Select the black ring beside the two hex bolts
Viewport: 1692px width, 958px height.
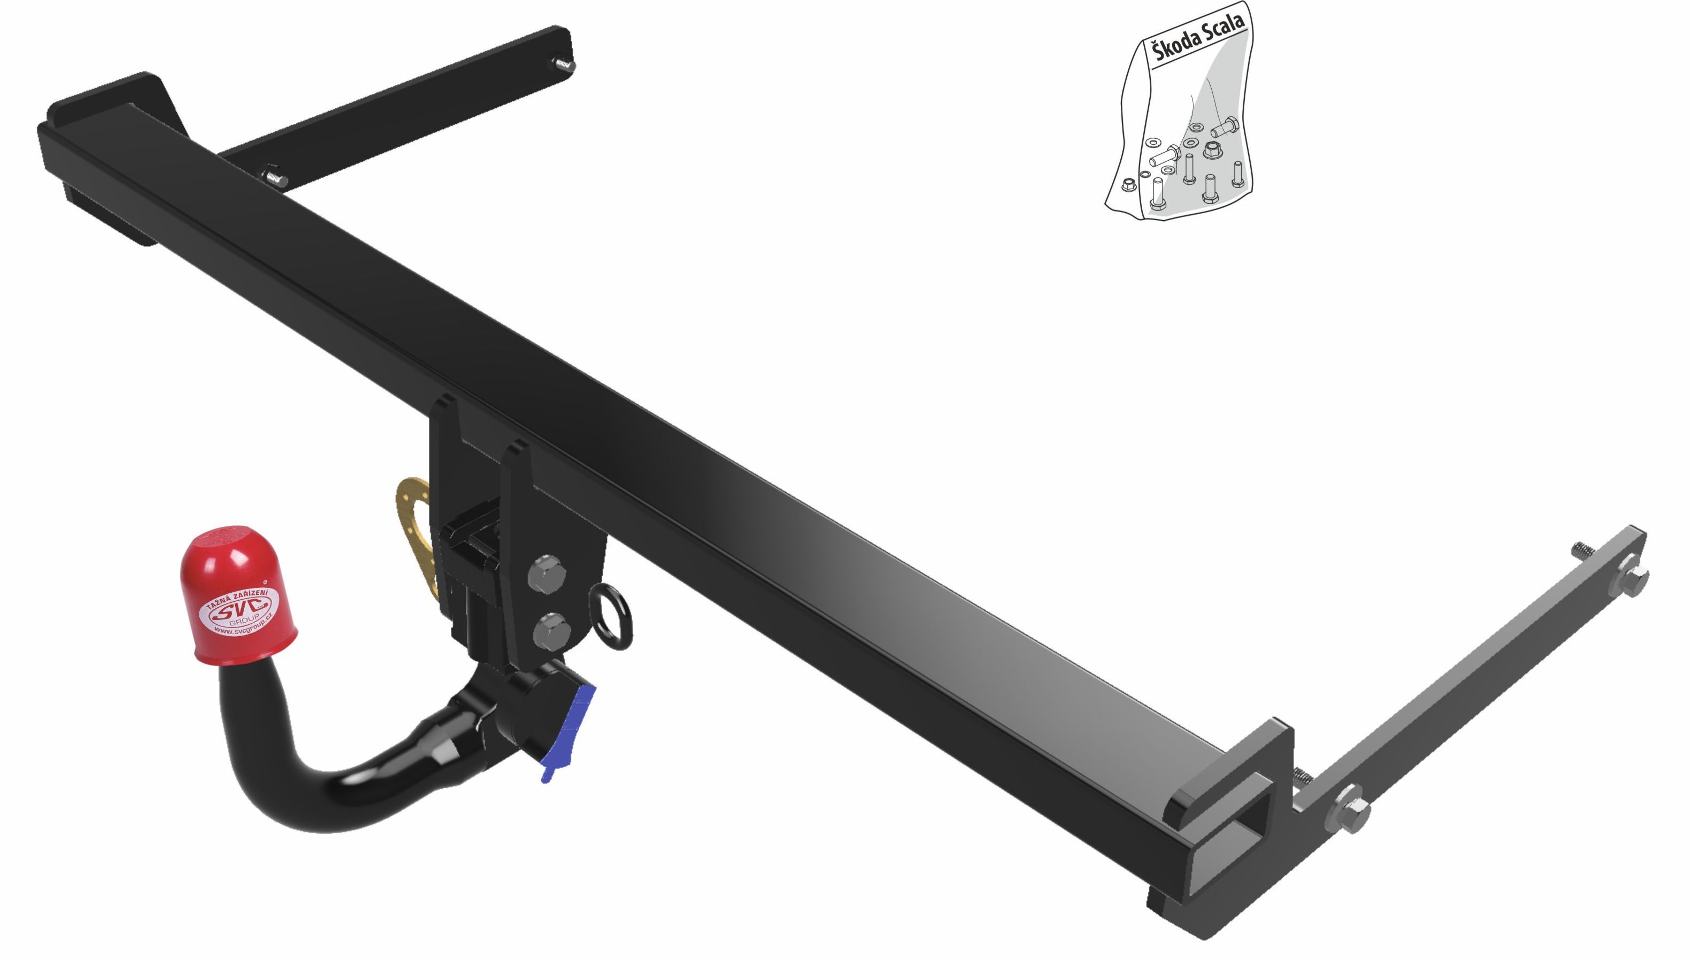pyautogui.click(x=612, y=617)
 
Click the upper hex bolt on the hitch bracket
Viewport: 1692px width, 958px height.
pyautogui.click(x=547, y=574)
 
